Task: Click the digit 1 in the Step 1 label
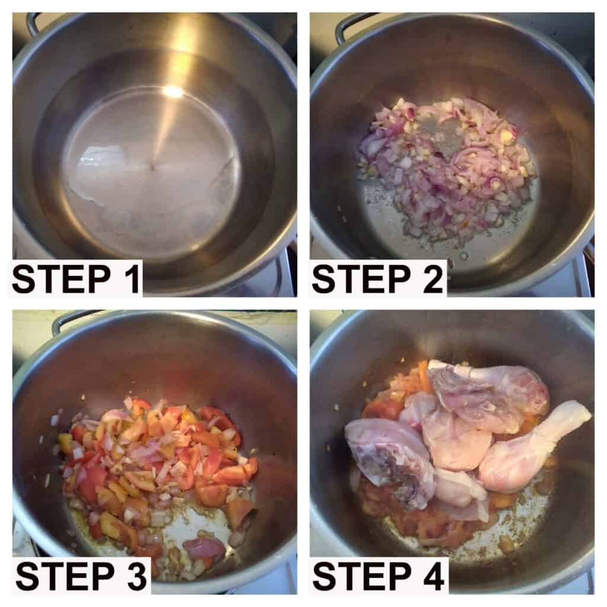132,279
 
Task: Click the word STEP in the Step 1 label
61,279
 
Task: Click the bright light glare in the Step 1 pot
173,92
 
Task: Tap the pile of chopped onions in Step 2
445,162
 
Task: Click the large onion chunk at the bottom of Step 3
204,547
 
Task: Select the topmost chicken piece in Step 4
488,395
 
